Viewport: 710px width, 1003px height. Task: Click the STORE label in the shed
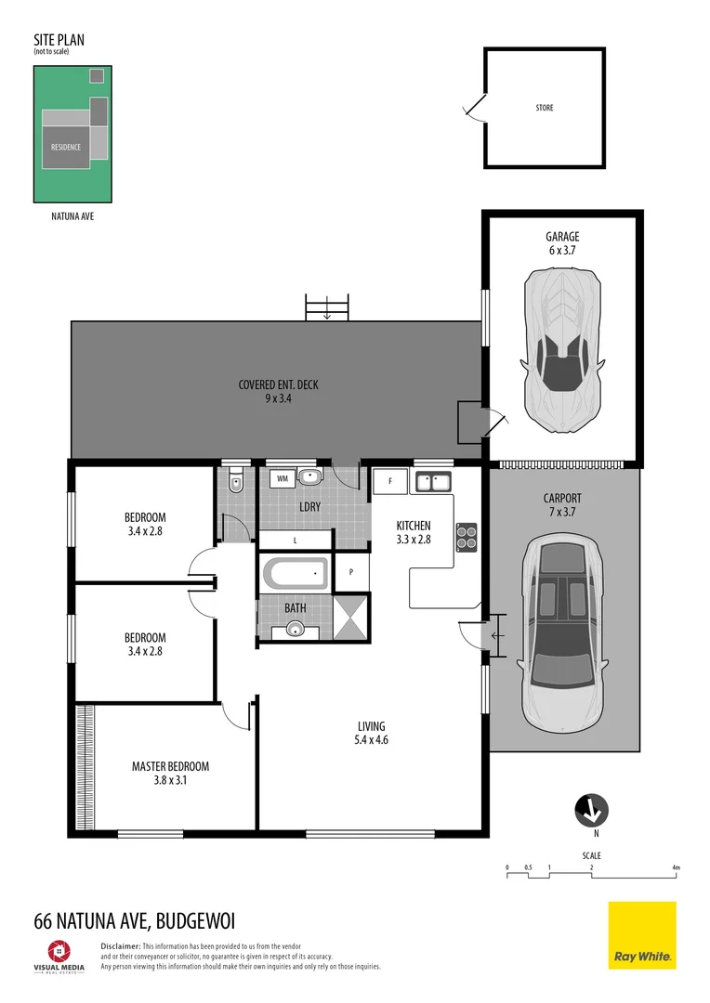(x=545, y=108)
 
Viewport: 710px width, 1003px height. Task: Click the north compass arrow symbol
(x=590, y=811)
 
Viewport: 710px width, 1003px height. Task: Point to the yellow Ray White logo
(x=642, y=935)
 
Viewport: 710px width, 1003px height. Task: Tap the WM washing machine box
(x=282, y=478)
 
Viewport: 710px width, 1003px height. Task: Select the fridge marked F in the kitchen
(x=390, y=482)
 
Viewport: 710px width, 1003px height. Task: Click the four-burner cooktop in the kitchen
(x=466, y=538)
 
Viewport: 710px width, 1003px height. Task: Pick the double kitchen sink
(x=433, y=481)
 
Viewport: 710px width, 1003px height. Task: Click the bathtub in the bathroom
(x=296, y=574)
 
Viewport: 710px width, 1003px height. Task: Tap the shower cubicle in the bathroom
(x=350, y=621)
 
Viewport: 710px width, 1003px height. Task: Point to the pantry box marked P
(x=351, y=572)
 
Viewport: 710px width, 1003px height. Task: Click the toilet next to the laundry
(x=236, y=480)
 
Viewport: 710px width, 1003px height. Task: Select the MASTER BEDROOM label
(x=170, y=766)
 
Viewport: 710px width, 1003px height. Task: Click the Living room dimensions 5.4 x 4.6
(x=372, y=741)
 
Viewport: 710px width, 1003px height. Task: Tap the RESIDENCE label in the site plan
(x=66, y=147)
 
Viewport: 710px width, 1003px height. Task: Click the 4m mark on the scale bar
(x=676, y=868)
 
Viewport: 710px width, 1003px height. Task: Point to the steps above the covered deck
(x=327, y=307)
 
